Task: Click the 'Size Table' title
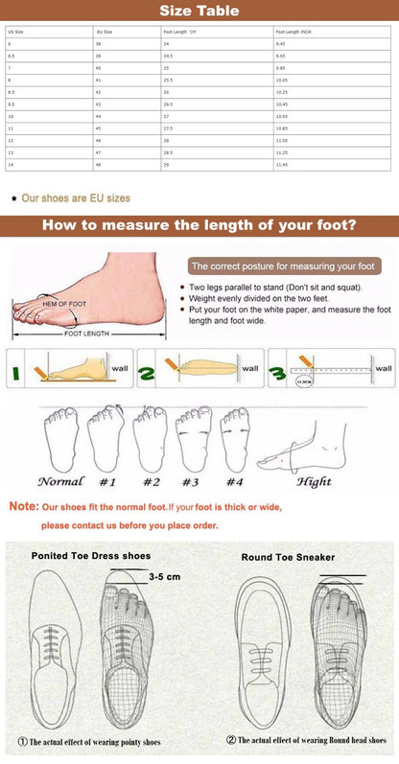[x=199, y=11]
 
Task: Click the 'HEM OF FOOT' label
[x=64, y=303]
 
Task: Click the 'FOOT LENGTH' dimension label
[x=85, y=334]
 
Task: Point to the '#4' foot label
[x=234, y=482]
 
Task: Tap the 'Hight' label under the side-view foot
[x=314, y=482]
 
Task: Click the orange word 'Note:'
[x=24, y=506]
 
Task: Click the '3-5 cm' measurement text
[x=165, y=577]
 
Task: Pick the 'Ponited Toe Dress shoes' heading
[x=90, y=555]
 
